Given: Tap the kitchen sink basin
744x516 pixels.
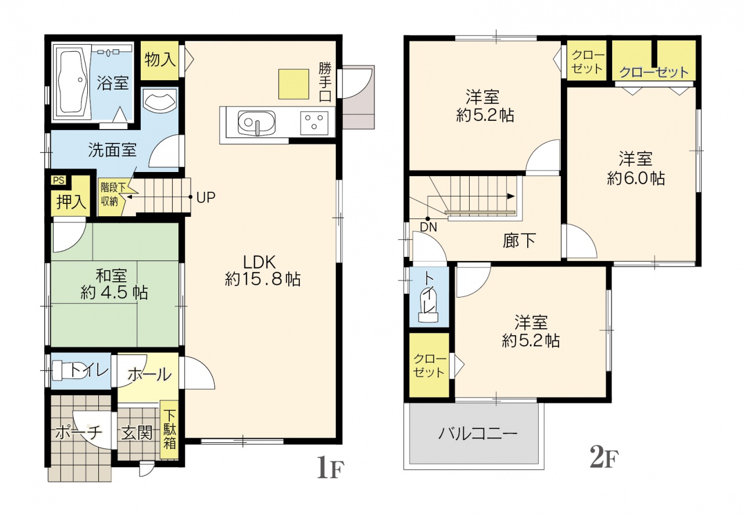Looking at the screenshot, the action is coord(257,123).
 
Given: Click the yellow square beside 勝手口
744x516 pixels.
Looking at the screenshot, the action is coord(294,84).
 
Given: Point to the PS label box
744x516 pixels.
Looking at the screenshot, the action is coord(59,180).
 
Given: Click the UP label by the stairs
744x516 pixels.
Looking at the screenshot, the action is coord(206,198).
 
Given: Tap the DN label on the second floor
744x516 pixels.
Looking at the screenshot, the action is coord(428,227).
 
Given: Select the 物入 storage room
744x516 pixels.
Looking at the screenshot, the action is coord(160,60).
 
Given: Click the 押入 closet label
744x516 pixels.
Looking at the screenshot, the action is coord(71,201).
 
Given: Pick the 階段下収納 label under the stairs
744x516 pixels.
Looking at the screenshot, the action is coord(113,195).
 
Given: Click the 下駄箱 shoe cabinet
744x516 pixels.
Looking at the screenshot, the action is coord(169,429).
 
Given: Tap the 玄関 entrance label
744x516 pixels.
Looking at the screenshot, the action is coord(137,433).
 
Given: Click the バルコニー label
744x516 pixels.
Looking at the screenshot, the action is coord(478,434).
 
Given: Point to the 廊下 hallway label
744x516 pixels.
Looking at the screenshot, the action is coord(519,241).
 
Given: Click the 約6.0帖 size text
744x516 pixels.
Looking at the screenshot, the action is coord(636,178).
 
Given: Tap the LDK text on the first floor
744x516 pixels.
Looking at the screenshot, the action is coord(259,262).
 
